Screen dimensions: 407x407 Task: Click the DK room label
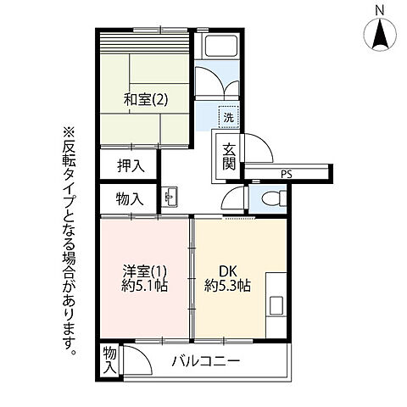(x=226, y=271)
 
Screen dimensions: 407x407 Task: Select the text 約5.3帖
(x=226, y=286)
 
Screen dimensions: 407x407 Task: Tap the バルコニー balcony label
(x=206, y=361)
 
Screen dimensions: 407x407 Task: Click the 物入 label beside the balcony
(x=110, y=360)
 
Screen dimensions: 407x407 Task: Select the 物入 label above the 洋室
(x=128, y=199)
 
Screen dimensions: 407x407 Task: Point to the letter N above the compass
(x=382, y=10)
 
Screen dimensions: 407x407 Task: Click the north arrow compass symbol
(x=382, y=36)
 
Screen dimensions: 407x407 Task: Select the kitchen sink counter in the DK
(x=277, y=304)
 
